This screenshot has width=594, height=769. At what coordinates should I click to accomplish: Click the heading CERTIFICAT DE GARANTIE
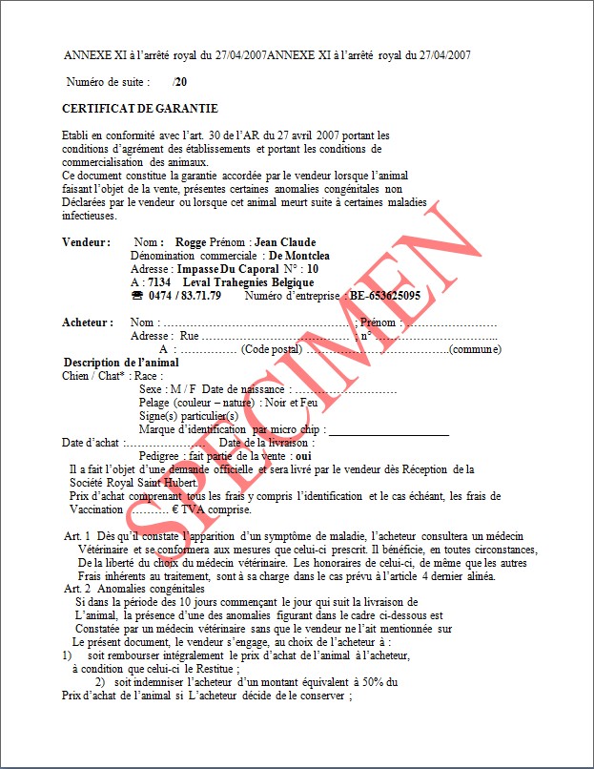[x=140, y=109]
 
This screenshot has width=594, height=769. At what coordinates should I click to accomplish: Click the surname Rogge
[x=192, y=242]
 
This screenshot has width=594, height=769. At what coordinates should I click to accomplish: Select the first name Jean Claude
[x=285, y=242]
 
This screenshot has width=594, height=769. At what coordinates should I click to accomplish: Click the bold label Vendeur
[x=86, y=242]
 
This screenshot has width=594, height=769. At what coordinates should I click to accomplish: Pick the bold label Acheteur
[x=87, y=322]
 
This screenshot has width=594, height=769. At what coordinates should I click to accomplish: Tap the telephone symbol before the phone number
[x=135, y=296]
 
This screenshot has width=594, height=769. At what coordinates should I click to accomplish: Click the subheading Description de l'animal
[x=121, y=363]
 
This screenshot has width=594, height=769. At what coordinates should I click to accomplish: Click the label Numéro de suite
[x=108, y=82]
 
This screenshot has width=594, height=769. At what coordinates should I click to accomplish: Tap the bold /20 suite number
[x=180, y=82]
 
